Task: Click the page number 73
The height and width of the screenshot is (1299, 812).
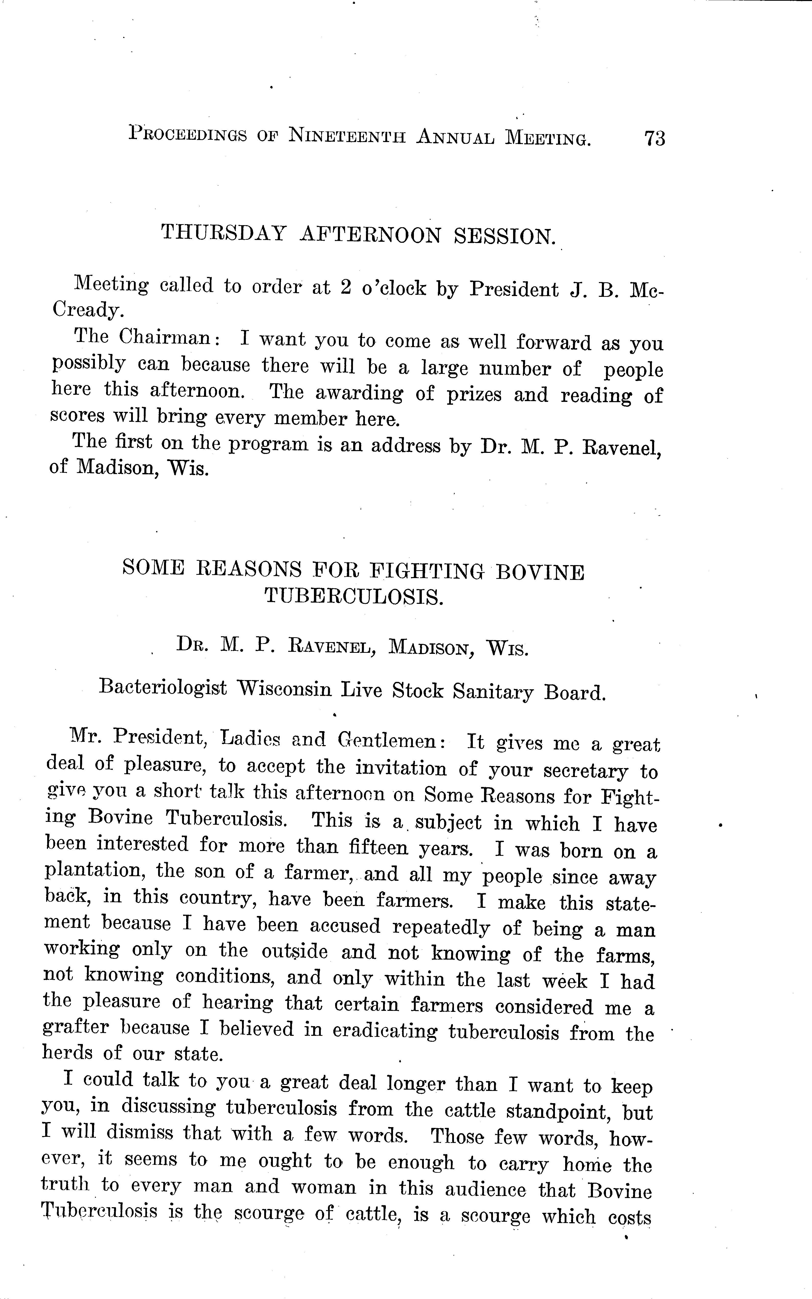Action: [655, 138]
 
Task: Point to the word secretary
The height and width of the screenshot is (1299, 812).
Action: [585, 771]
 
